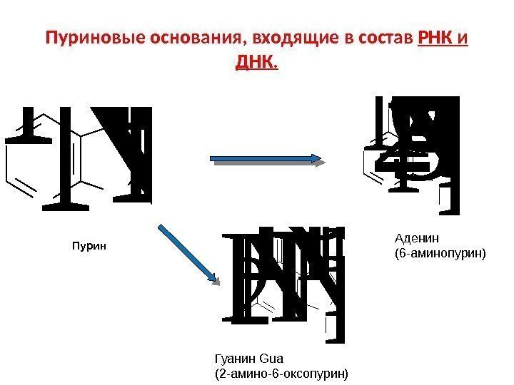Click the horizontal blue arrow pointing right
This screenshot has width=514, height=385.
pyautogui.click(x=268, y=162)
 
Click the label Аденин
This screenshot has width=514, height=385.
pyautogui.click(x=418, y=237)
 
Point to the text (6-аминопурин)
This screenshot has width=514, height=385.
pyautogui.click(x=439, y=252)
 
